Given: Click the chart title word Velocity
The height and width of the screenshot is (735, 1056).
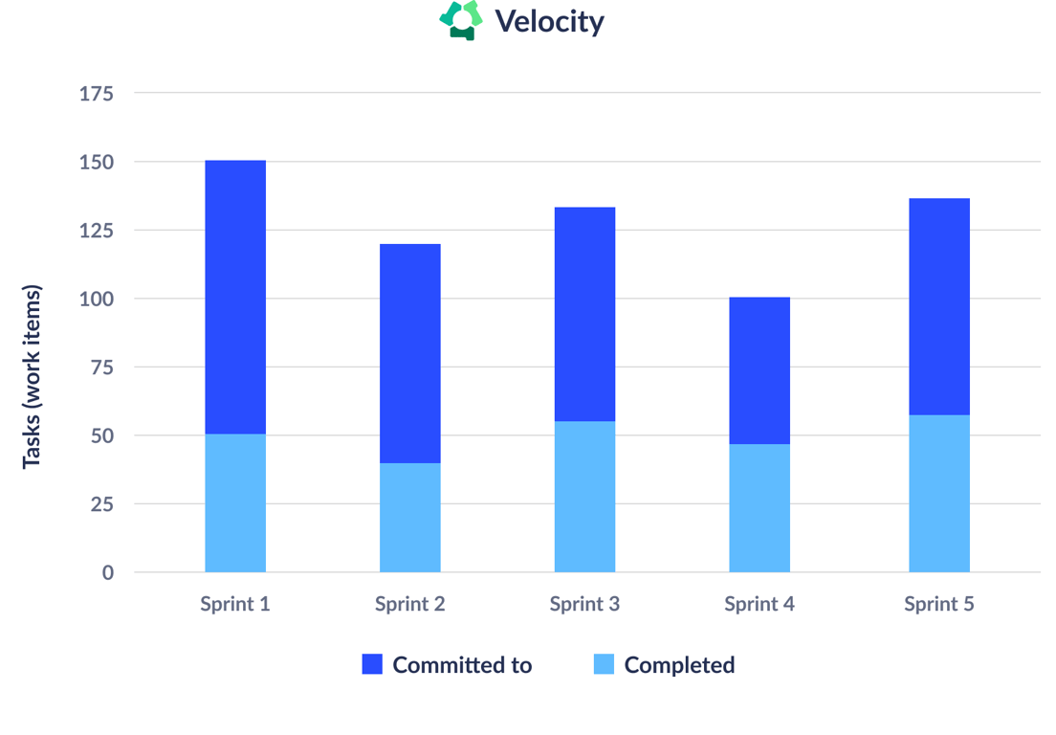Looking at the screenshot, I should click(x=549, y=21).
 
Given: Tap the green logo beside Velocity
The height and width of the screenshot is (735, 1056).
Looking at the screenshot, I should click(x=461, y=20).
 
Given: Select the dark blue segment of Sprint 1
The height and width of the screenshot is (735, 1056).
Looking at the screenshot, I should click(x=235, y=297).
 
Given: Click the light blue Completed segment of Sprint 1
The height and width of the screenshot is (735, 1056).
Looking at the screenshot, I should click(x=235, y=502).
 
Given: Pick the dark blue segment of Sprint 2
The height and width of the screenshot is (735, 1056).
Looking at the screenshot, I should click(x=410, y=353).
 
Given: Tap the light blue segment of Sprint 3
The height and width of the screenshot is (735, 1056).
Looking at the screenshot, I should click(x=584, y=496).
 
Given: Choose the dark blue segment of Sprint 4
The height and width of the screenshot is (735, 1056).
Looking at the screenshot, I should click(x=759, y=370).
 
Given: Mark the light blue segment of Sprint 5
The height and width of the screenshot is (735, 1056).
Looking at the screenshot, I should click(x=938, y=493).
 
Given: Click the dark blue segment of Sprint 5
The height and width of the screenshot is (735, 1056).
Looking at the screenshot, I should click(x=938, y=306).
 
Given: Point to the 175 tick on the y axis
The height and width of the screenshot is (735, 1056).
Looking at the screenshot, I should click(x=96, y=94).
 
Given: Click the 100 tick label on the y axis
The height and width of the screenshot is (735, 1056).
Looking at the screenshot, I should click(x=96, y=299).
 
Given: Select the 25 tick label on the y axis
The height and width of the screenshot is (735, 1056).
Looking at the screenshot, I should click(x=101, y=504).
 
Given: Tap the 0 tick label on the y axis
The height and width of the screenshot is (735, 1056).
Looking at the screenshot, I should click(x=107, y=572).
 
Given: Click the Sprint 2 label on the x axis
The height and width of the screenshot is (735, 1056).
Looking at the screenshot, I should click(x=409, y=604).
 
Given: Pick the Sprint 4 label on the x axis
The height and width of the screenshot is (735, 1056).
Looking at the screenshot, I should click(x=759, y=604).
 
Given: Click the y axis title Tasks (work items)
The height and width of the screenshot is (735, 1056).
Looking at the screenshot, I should click(x=32, y=376).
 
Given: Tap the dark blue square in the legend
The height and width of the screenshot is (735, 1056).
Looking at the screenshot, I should click(x=372, y=664).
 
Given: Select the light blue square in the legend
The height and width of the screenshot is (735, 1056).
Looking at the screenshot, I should click(x=604, y=664).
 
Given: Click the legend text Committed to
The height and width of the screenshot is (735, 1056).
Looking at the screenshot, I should click(x=462, y=665).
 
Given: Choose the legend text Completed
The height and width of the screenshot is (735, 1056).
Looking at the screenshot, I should click(x=679, y=665).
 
